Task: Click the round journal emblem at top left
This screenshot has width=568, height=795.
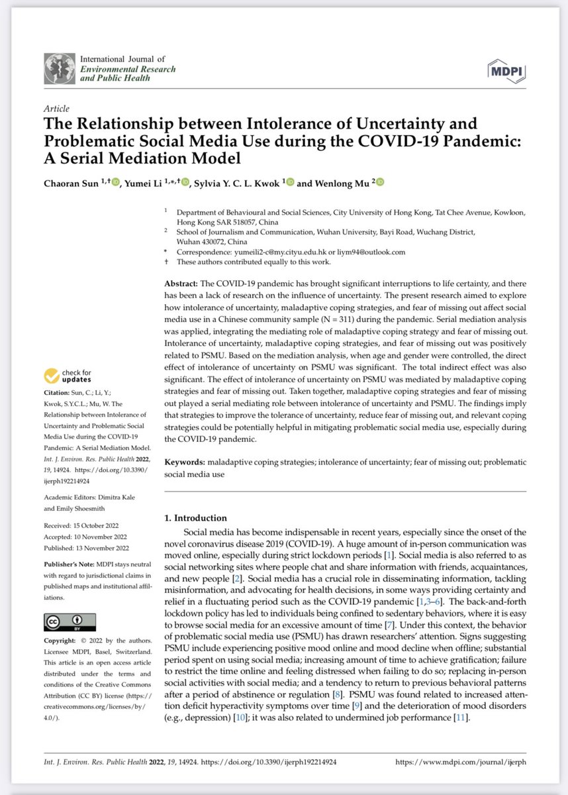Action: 60,69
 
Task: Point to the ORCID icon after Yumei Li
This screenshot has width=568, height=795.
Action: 185,183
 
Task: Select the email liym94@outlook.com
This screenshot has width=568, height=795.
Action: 371,252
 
